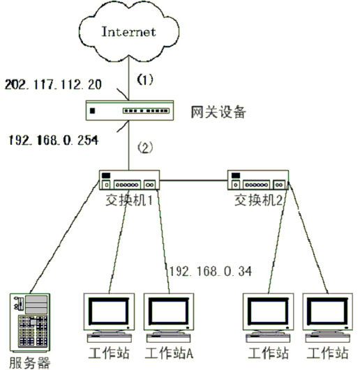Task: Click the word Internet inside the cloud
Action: tap(128, 31)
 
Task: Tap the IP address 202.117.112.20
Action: tap(53, 84)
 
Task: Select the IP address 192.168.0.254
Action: tap(54, 140)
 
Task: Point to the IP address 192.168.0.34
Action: tap(211, 271)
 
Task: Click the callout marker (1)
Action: tap(145, 79)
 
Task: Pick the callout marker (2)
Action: tap(145, 147)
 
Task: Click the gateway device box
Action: tap(130, 110)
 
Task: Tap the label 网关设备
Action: tap(218, 111)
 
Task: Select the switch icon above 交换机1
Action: tap(129, 180)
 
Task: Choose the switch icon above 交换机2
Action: tap(258, 180)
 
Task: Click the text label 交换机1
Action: tap(129, 201)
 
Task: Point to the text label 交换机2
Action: tap(258, 201)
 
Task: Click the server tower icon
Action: tap(30, 323)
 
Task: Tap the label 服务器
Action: tap(30, 362)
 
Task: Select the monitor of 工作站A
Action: tap(169, 312)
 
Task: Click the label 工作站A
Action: tap(169, 353)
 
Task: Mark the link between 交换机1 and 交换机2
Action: tap(193, 180)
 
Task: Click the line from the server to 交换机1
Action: tap(64, 237)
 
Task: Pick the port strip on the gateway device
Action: tap(146, 111)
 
